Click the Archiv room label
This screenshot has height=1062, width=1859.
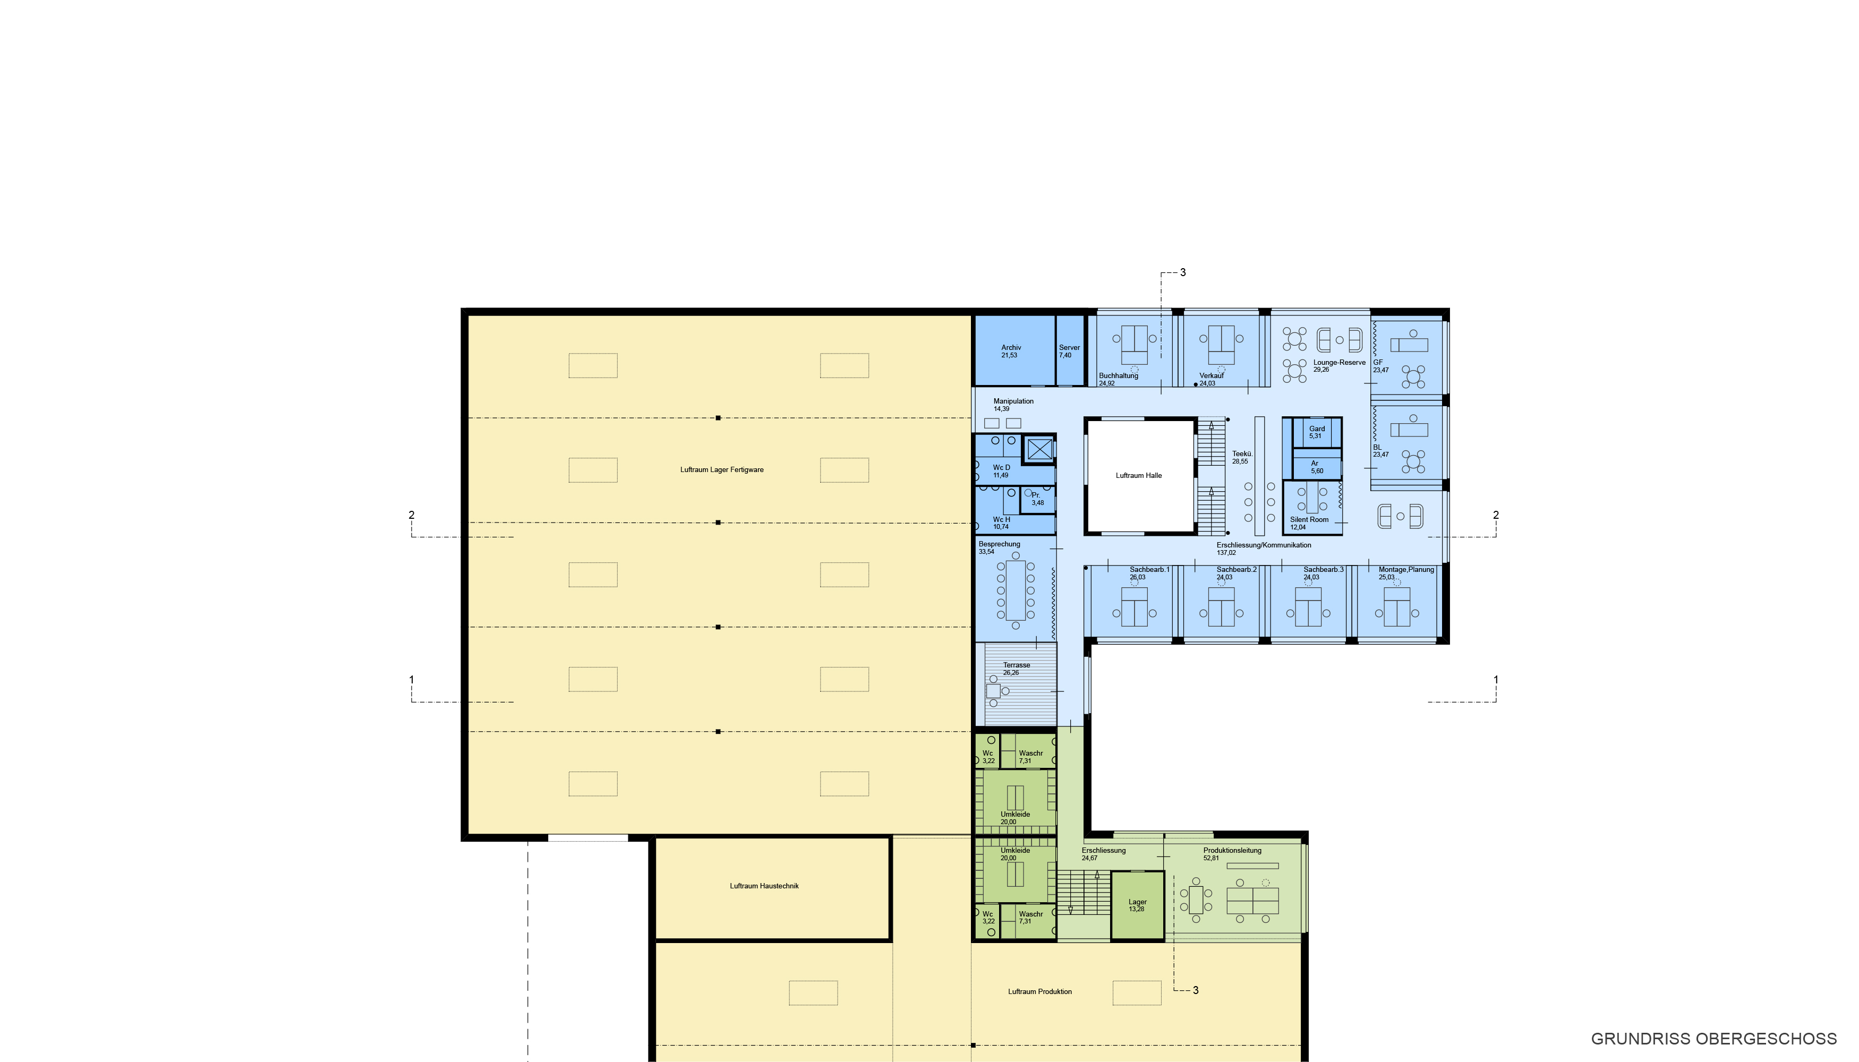click(1011, 348)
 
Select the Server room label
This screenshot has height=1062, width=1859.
click(1070, 348)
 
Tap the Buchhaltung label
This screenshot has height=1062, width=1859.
click(1119, 375)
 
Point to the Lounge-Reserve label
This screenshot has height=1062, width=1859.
click(1340, 363)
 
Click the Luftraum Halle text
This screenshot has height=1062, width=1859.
click(1139, 476)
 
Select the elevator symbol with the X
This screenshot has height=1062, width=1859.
click(1039, 449)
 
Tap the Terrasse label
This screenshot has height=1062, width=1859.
click(1016, 665)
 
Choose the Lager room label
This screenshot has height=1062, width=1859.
click(1137, 902)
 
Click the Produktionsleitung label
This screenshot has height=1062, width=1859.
click(1232, 851)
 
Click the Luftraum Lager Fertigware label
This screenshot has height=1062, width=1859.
click(722, 470)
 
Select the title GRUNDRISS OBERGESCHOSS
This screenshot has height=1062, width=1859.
click(1714, 1039)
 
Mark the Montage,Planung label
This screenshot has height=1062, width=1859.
click(1406, 570)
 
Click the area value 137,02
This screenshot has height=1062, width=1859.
click(1226, 553)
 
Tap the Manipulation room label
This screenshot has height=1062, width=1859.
click(1013, 401)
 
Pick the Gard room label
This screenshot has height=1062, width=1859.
click(1317, 429)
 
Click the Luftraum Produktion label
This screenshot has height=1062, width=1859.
click(1039, 992)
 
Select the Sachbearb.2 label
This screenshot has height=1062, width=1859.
click(1237, 570)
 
